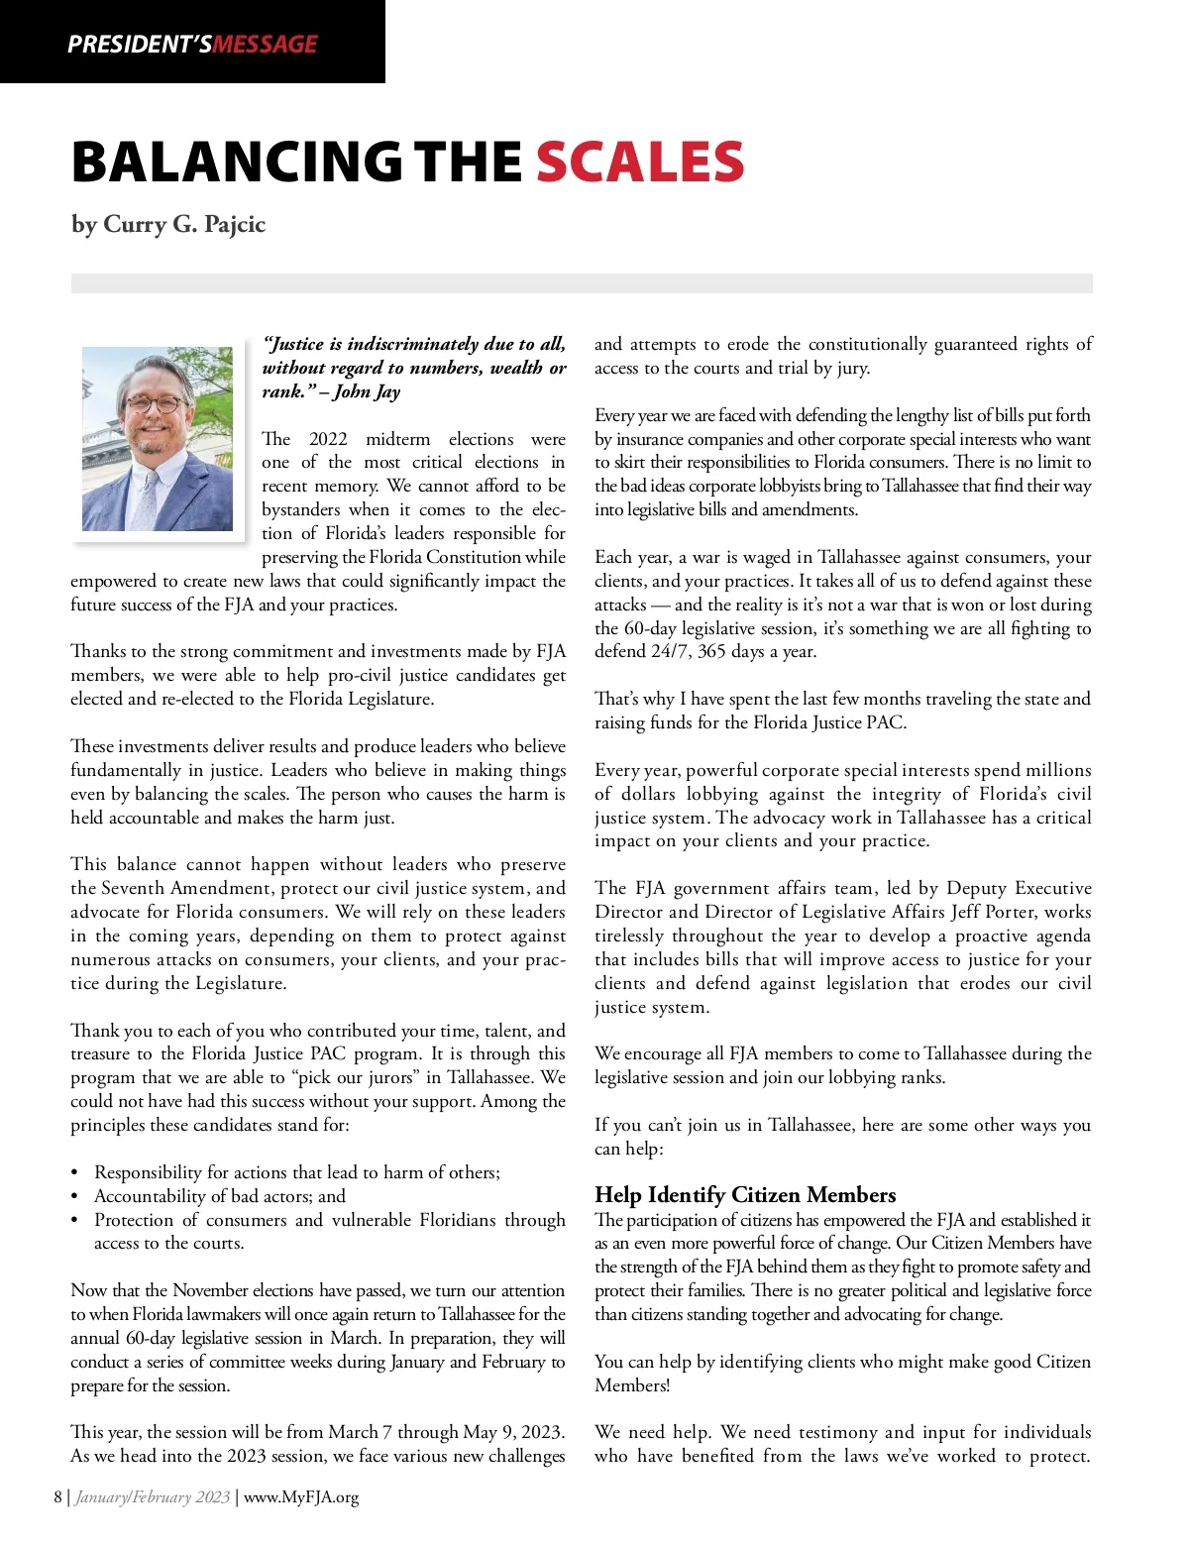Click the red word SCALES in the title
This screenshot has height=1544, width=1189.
(x=640, y=163)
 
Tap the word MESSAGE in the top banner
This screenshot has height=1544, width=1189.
(x=266, y=45)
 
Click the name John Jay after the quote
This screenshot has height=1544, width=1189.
(x=367, y=391)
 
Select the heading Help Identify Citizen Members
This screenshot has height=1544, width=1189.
(x=745, y=1194)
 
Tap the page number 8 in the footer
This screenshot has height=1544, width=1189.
(x=58, y=1496)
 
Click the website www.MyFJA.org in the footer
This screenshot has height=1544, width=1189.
(x=301, y=1496)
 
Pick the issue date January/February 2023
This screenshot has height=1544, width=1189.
(x=153, y=1496)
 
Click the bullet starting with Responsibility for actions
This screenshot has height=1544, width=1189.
(x=297, y=1172)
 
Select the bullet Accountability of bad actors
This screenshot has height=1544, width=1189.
(x=220, y=1196)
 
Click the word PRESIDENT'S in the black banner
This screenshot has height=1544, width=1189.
(x=140, y=45)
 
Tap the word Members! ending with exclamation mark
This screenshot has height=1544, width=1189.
(x=632, y=1385)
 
